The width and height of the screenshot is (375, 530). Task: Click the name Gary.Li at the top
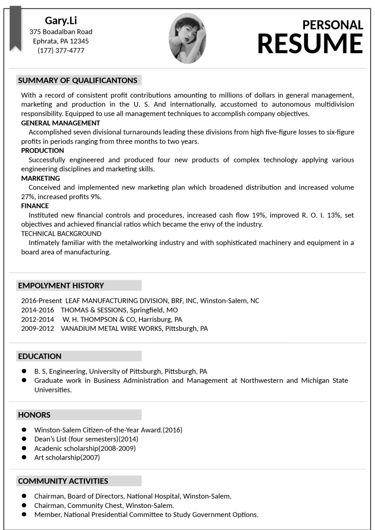[x=61, y=21]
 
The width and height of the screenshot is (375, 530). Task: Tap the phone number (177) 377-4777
[x=61, y=50]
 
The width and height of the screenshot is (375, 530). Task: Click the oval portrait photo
[x=187, y=38]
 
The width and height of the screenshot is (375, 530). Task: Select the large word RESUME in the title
[x=310, y=43]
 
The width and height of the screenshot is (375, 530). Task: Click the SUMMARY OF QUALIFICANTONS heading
[x=78, y=80]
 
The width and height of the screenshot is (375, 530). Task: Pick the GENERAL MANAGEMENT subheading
[x=60, y=123]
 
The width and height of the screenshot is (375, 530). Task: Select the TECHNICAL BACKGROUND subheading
[x=61, y=233]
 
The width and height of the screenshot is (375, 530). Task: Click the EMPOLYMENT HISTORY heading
[x=61, y=286]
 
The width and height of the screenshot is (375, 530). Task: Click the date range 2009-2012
[x=37, y=328]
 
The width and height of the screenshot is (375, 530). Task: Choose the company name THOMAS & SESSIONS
[x=94, y=310]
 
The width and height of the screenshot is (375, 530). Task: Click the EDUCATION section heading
[x=40, y=356]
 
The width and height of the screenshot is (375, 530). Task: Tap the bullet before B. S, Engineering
[x=24, y=371]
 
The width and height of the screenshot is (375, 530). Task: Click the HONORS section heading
[x=34, y=415]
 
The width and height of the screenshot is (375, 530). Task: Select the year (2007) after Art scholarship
[x=90, y=457]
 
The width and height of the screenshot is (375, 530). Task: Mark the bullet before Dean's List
[x=24, y=439]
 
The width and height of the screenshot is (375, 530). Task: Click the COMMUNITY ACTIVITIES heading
[x=63, y=481]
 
